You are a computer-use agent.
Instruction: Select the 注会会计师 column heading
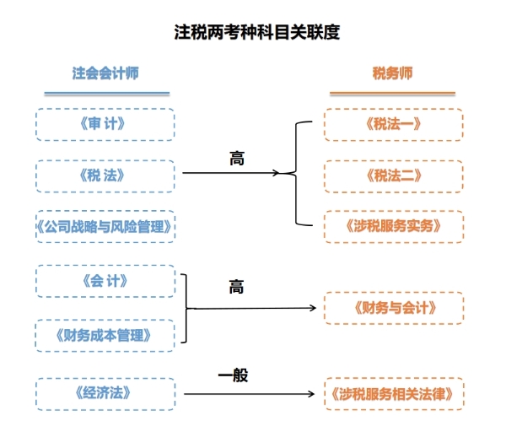(105, 73)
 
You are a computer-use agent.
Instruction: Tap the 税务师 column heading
(393, 73)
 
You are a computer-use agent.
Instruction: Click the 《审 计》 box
(105, 124)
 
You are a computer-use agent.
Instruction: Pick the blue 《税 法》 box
(105, 175)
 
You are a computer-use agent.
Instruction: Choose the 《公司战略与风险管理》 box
(105, 226)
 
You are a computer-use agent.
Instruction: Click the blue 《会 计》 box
(105, 281)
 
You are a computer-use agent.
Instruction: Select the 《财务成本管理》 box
(105, 335)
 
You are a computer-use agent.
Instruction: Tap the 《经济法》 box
(105, 393)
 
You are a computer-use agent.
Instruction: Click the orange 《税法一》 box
(393, 124)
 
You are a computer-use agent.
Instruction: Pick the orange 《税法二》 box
(393, 175)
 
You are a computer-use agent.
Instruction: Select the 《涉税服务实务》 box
(393, 226)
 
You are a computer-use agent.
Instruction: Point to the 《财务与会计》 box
(393, 308)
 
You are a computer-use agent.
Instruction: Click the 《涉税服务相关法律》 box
(393, 393)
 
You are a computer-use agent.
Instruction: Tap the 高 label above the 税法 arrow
(237, 158)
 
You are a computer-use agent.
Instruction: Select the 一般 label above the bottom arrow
(234, 375)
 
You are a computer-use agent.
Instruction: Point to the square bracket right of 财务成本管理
(186, 308)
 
